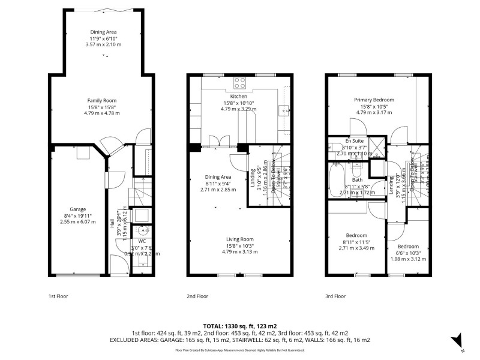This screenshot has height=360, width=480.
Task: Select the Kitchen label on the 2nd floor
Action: pyautogui.click(x=238, y=96)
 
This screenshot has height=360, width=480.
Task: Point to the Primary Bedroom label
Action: pyautogui.click(x=373, y=99)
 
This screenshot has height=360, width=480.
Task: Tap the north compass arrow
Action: pyautogui.click(x=457, y=340)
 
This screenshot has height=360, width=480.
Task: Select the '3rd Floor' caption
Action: pyautogui.click(x=335, y=296)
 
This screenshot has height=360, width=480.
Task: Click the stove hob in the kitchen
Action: pyautogui.click(x=240, y=83)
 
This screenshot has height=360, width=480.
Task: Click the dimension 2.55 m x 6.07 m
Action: pyautogui.click(x=78, y=221)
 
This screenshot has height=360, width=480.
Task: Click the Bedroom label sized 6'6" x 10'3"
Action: pyautogui.click(x=409, y=246)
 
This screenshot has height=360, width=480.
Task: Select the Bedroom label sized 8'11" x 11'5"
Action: pyautogui.click(x=357, y=235)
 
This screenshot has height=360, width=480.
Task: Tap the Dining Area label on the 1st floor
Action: pyautogui.click(x=104, y=31)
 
